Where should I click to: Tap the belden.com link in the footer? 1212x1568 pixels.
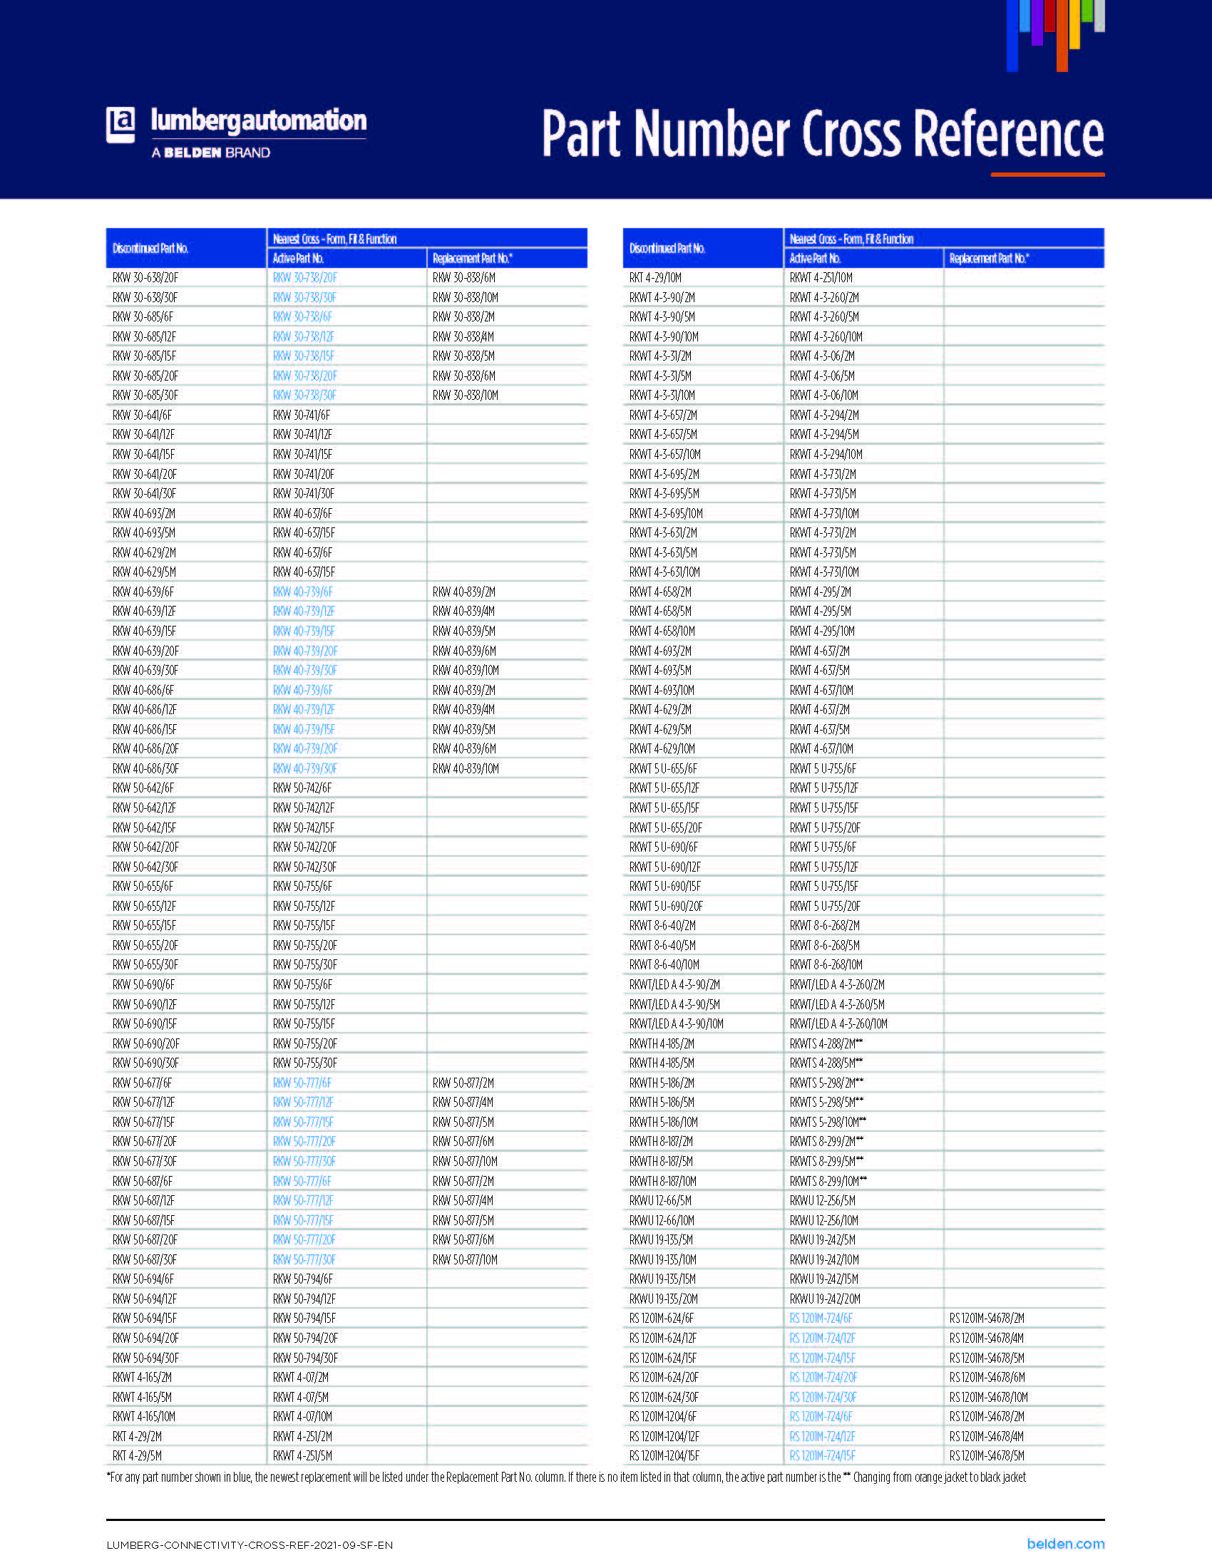pos(1065,1544)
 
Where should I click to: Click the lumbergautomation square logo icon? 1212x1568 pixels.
pos(120,125)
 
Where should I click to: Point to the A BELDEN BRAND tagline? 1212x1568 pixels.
pos(210,153)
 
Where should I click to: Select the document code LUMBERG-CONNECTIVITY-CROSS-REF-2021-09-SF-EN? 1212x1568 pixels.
pos(249,1545)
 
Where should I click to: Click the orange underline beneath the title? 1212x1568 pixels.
pos(1047,175)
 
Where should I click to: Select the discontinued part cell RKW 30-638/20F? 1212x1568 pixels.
pos(145,278)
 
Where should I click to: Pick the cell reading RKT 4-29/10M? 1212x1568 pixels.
pos(654,278)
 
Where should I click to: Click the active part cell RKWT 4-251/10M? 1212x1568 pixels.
pos(821,278)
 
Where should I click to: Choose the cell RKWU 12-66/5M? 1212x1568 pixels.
pos(660,1200)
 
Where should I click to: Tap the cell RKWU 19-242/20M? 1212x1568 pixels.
pos(823,1299)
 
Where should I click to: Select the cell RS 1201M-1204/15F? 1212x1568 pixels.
pos(664,1456)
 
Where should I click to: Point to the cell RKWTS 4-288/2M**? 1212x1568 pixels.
pos(826,1043)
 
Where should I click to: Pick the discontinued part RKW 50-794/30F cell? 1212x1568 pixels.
pos(304,1358)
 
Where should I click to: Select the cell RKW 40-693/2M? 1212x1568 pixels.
pos(143,513)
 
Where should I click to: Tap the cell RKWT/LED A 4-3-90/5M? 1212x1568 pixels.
pos(674,1004)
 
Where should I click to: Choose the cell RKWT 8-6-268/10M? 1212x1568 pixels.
pos(826,965)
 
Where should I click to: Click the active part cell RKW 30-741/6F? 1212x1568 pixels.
pos(301,415)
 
